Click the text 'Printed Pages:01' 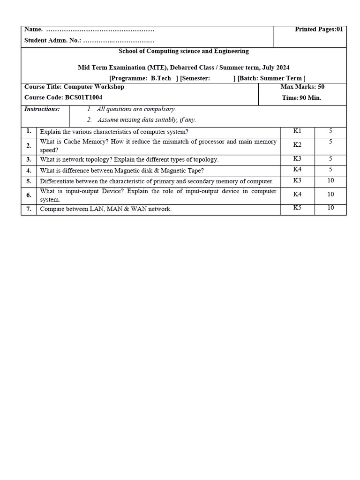[x=319, y=30]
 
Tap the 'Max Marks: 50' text [x=302, y=87]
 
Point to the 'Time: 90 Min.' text [x=301, y=98]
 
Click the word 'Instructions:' [x=42, y=109]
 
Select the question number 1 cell [x=29, y=131]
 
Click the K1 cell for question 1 [x=297, y=131]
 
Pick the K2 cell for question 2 [x=297, y=145]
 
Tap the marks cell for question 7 [x=330, y=208]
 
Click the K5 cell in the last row [x=297, y=208]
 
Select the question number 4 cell [x=29, y=170]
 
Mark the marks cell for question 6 [x=330, y=194]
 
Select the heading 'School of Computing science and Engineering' [x=184, y=51]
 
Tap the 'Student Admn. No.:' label [x=52, y=41]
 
